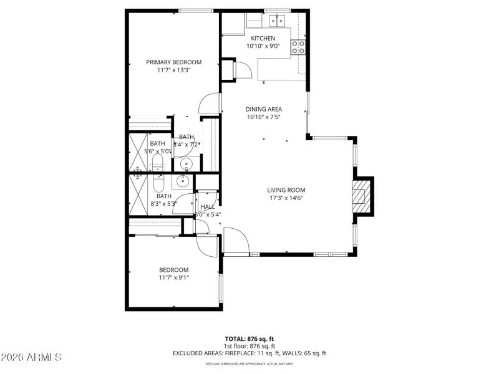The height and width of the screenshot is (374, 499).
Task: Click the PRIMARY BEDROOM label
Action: point(173,62)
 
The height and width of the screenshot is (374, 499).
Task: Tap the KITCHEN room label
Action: point(263,38)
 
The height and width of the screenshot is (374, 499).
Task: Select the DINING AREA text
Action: point(263,109)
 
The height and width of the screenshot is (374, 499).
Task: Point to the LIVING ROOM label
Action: point(286,190)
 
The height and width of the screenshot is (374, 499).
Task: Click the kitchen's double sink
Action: point(277,21)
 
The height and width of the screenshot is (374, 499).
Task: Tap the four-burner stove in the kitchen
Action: point(298,47)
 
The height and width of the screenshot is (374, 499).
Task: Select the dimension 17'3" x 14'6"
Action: point(286,198)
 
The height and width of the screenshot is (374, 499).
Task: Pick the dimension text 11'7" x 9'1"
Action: point(173,277)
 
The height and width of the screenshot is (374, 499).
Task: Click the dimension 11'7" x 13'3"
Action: point(173,70)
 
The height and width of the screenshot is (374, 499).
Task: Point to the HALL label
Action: point(208,206)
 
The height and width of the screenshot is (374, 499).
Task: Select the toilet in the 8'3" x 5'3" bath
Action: point(157,184)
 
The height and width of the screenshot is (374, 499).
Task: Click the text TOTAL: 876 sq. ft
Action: point(249,338)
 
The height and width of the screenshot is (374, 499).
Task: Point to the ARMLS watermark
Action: point(31,357)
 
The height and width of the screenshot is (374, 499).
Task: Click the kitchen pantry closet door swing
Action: point(243,69)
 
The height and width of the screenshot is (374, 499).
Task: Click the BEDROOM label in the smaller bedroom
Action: point(173,269)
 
